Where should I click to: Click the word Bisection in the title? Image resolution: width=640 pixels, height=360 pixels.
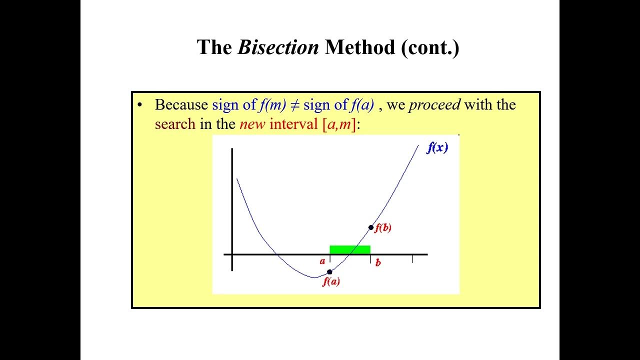(278, 47)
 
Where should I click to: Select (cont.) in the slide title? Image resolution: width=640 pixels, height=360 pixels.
(430, 47)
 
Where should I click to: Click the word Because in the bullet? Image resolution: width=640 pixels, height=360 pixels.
(181, 105)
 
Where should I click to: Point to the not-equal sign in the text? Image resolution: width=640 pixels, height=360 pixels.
(294, 105)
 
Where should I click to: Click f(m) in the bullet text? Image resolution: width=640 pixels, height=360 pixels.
(272, 105)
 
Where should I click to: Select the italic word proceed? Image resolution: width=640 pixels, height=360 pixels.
(434, 105)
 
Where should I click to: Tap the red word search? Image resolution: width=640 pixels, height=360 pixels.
(175, 124)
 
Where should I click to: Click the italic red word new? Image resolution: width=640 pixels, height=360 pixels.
(252, 124)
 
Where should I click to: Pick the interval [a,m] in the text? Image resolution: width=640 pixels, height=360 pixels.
(339, 124)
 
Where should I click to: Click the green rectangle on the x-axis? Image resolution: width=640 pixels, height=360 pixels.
(350, 249)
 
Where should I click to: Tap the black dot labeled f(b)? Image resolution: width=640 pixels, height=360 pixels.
(371, 227)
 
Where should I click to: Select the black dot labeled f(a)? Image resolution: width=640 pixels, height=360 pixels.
(329, 272)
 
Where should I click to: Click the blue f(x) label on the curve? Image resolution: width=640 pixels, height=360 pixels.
(437, 148)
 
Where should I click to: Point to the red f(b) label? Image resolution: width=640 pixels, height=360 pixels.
(383, 228)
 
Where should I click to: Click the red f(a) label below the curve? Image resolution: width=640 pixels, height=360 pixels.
(331, 281)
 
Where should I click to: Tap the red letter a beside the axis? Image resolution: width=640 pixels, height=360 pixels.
(322, 261)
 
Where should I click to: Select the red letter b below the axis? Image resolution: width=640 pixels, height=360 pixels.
(378, 262)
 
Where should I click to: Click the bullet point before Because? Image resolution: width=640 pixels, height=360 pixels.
(140, 105)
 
